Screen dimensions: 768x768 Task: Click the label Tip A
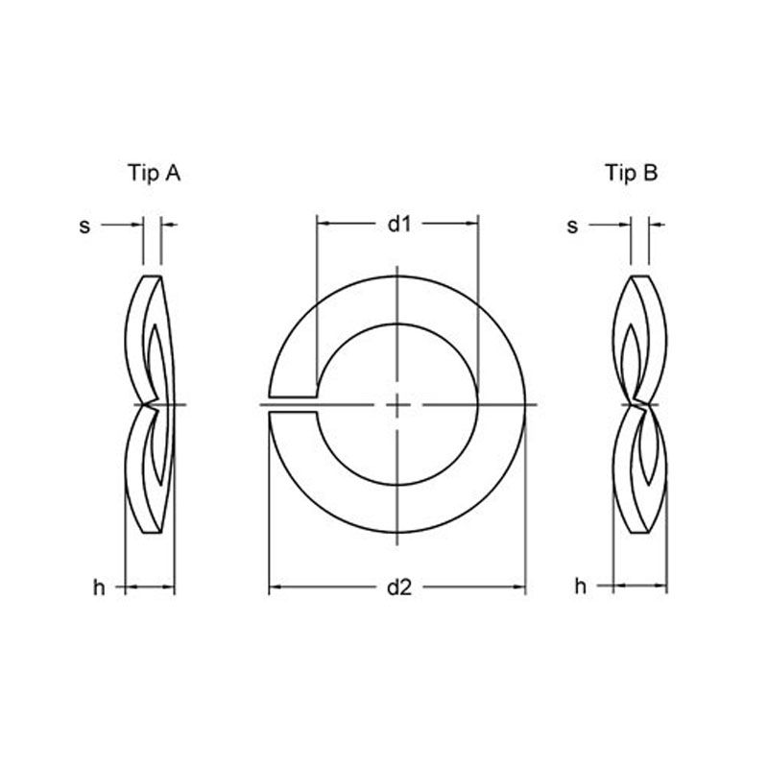coord(154,173)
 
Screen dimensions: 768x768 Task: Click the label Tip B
coord(632,173)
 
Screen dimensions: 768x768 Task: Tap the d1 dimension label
coord(399,224)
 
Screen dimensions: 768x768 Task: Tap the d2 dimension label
coord(399,587)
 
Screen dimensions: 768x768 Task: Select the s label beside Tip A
coord(84,227)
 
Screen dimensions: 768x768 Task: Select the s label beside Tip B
coord(572,227)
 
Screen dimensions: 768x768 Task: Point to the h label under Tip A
coord(99,587)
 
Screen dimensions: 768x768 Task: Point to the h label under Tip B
coord(580,586)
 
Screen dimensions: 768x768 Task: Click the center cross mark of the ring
coord(397,404)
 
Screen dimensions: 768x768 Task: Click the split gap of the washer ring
coord(293,404)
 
